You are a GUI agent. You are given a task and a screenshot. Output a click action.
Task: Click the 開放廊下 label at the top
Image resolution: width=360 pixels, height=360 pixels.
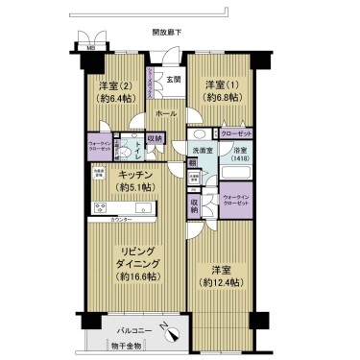point(167,32)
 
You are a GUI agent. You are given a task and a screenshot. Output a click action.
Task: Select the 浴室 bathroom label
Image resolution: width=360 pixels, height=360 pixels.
point(238,149)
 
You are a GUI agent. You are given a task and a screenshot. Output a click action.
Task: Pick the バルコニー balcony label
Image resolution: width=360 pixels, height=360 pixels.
point(118,325)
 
